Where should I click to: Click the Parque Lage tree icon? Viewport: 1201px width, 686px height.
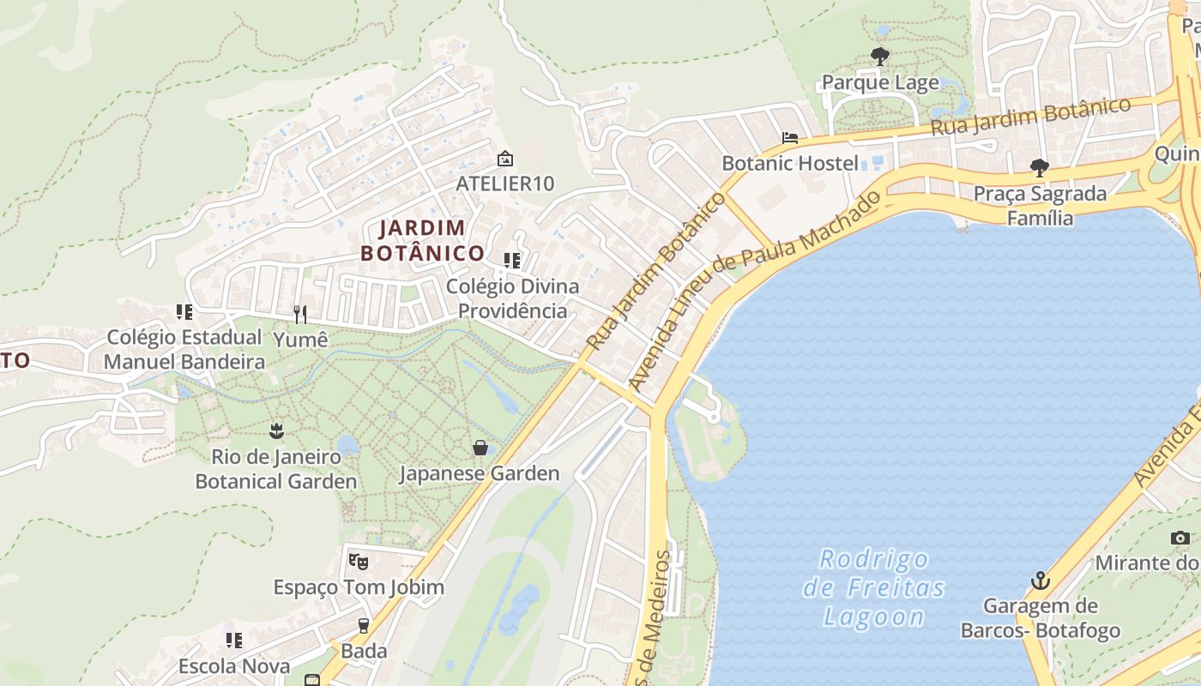879,57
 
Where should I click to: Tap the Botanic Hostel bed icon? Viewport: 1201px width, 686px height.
789,137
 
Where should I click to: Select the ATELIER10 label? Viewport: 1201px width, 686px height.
504,184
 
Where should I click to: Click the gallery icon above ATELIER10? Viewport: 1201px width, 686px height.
505,159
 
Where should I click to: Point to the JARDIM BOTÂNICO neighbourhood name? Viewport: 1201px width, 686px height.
423,241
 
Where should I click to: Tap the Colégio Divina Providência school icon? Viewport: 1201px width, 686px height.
512,260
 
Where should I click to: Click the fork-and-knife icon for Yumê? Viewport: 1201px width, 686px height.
299,315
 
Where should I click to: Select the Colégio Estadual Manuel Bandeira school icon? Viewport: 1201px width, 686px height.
184,312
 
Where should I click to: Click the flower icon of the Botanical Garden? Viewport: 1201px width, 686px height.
275,430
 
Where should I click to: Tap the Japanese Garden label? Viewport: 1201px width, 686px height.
479,473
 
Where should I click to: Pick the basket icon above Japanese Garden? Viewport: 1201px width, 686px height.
480,448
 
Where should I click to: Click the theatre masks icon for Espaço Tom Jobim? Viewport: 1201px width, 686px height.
359,562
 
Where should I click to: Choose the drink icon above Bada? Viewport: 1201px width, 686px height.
364,625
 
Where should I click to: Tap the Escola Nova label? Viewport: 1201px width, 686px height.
233,666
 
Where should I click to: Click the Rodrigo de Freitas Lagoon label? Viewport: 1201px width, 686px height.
874,588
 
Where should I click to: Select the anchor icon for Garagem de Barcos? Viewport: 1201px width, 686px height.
1040,581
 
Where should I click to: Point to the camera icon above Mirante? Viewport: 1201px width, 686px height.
1180,538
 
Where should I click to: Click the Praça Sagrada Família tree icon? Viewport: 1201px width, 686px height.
1040,167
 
